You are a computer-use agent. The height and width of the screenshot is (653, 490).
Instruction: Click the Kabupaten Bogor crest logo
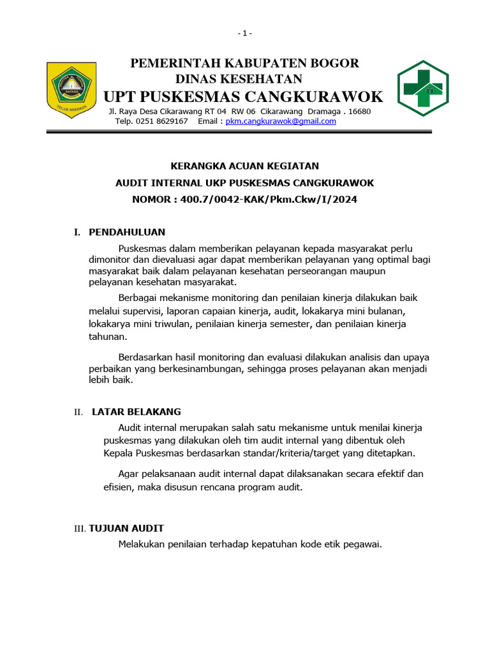coord(71,90)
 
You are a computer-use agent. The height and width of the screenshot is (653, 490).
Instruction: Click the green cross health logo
coord(423,89)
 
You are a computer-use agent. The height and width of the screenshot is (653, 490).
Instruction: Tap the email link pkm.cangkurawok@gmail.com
coord(281,121)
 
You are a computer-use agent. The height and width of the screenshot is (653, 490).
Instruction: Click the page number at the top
coord(245,33)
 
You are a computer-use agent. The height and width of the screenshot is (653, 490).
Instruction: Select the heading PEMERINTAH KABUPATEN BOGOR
coord(245,63)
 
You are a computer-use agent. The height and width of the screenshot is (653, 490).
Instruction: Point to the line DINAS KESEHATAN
coord(239,79)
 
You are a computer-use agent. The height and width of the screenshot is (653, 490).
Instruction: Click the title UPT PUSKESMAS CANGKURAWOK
coord(243,97)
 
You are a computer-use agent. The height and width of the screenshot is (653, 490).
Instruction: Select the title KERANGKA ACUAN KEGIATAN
coord(244,166)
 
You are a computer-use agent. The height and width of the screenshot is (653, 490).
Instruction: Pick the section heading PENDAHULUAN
coord(127,232)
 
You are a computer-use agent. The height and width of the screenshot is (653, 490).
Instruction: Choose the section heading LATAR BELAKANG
coord(137,412)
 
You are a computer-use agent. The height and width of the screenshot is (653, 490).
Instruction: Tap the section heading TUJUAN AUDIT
coord(126,528)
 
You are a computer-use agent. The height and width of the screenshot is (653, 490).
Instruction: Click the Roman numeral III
coord(80,529)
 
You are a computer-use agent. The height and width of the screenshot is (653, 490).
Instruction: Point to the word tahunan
coord(108,337)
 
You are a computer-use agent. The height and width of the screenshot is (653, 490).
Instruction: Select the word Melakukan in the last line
coord(142,544)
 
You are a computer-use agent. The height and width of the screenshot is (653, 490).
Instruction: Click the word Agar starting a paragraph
coord(130,474)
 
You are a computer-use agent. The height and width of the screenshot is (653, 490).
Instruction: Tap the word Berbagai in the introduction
coord(138,298)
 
